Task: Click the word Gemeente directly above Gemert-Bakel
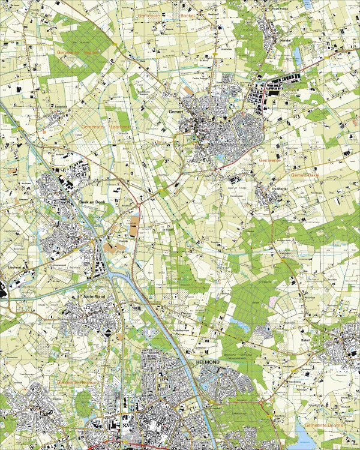click(x=271, y=161)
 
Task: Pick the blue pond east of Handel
click(x=296, y=56)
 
